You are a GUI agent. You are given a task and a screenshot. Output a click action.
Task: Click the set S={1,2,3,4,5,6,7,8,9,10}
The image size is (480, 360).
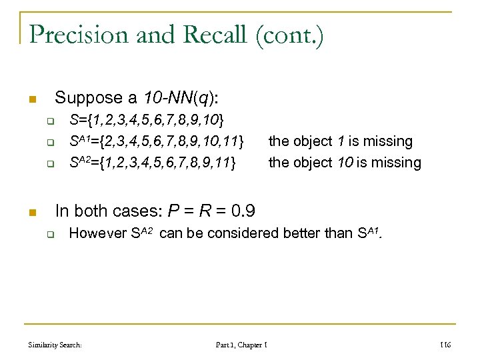point(147,121)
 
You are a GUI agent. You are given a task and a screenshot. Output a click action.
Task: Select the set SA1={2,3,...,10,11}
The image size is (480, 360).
point(157,141)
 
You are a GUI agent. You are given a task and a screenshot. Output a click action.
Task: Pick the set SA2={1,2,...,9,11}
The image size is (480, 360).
point(153,162)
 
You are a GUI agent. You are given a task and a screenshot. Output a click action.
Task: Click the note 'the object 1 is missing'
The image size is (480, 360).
point(340,141)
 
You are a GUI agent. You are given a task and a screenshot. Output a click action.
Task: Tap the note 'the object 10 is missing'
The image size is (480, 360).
point(345,162)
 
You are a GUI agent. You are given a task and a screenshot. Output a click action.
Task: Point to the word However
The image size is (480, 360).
point(97,233)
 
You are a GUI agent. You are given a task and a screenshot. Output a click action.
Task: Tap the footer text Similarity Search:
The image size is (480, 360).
point(55,345)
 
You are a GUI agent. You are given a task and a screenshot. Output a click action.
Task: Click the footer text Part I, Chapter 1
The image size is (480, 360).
point(241,345)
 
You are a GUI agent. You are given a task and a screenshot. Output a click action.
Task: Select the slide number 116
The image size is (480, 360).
point(445,345)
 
